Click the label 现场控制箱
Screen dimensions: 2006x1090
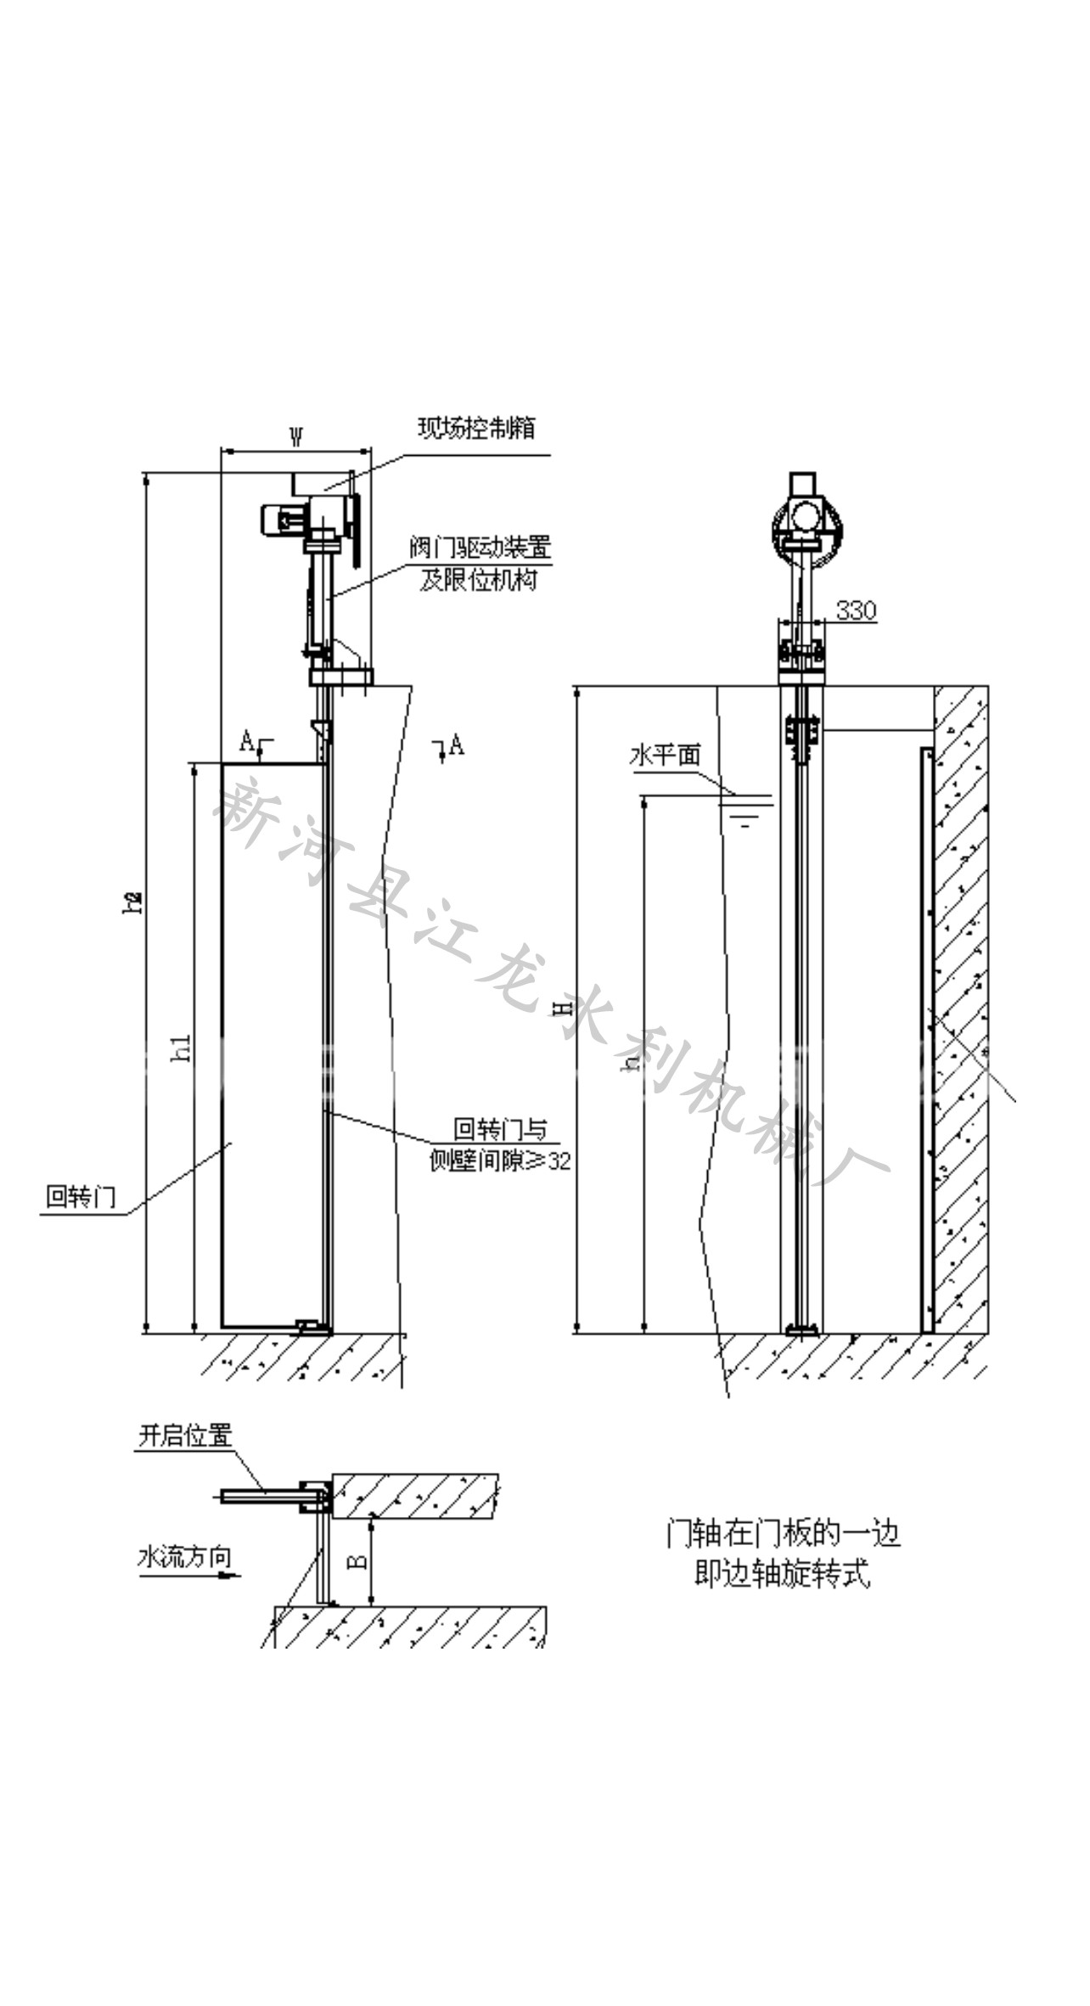476,428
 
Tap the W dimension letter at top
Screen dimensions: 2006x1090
296,437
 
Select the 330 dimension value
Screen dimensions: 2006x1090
856,610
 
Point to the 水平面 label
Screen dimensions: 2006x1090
666,755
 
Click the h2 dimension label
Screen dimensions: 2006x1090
132,902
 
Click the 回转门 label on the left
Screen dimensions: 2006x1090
81,1197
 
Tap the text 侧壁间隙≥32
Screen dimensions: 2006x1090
501,1161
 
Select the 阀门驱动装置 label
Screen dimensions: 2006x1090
480,548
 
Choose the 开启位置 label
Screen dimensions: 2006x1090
185,1436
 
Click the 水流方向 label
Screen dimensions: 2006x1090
184,1558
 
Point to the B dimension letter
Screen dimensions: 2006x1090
358,1559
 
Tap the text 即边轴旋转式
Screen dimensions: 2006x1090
782,1576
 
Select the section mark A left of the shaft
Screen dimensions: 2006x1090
246,742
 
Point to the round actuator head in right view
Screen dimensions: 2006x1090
806,525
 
